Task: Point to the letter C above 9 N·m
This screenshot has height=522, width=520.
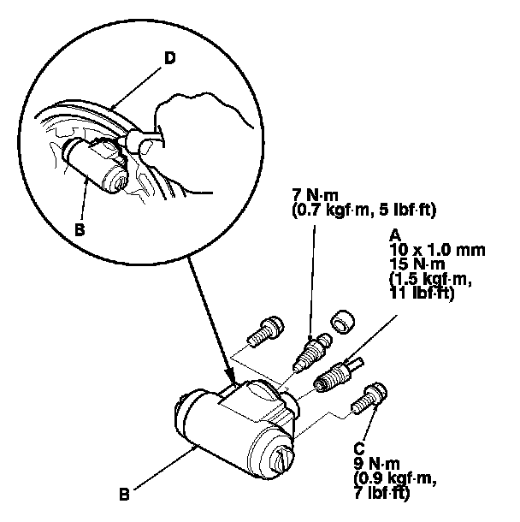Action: coord(357,446)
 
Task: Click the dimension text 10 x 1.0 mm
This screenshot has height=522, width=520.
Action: coord(430,249)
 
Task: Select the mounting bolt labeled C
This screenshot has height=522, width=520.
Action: coord(374,397)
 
